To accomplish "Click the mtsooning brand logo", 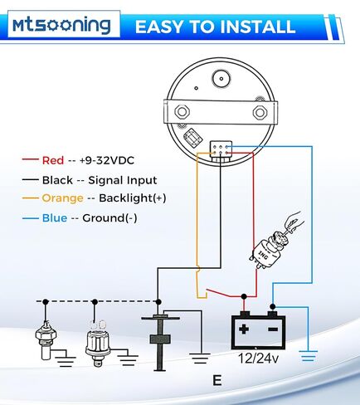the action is (x=61, y=26).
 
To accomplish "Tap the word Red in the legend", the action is (x=53, y=160).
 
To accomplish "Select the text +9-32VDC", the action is (x=107, y=160).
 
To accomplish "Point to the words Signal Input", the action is (x=123, y=181).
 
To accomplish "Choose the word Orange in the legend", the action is (x=62, y=198).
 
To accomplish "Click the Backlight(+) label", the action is (x=133, y=198).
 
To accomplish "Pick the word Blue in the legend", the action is (x=55, y=218).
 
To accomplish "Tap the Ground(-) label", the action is (x=109, y=218).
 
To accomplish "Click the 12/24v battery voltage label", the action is (x=258, y=359).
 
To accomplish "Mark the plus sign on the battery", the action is (x=244, y=329).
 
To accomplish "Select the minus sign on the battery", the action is (x=273, y=329).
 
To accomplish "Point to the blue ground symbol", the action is (x=309, y=356).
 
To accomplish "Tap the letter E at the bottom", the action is (x=217, y=380).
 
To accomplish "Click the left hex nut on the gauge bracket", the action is (x=182, y=112).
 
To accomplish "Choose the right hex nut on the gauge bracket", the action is (x=260, y=112).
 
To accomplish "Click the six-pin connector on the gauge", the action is (x=221, y=151).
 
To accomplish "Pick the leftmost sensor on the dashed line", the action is (x=46, y=340).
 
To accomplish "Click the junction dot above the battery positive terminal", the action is (x=244, y=296).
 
